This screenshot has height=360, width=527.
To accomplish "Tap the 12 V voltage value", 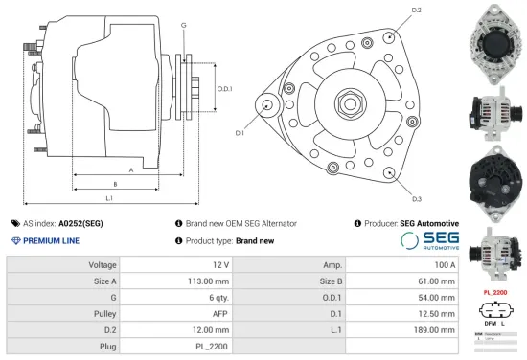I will pos(219,264).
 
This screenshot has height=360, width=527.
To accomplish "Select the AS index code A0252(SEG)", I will pos(81,223).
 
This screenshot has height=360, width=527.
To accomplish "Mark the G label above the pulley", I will pos(183,23).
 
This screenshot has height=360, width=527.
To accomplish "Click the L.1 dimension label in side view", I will pos(109,198).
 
